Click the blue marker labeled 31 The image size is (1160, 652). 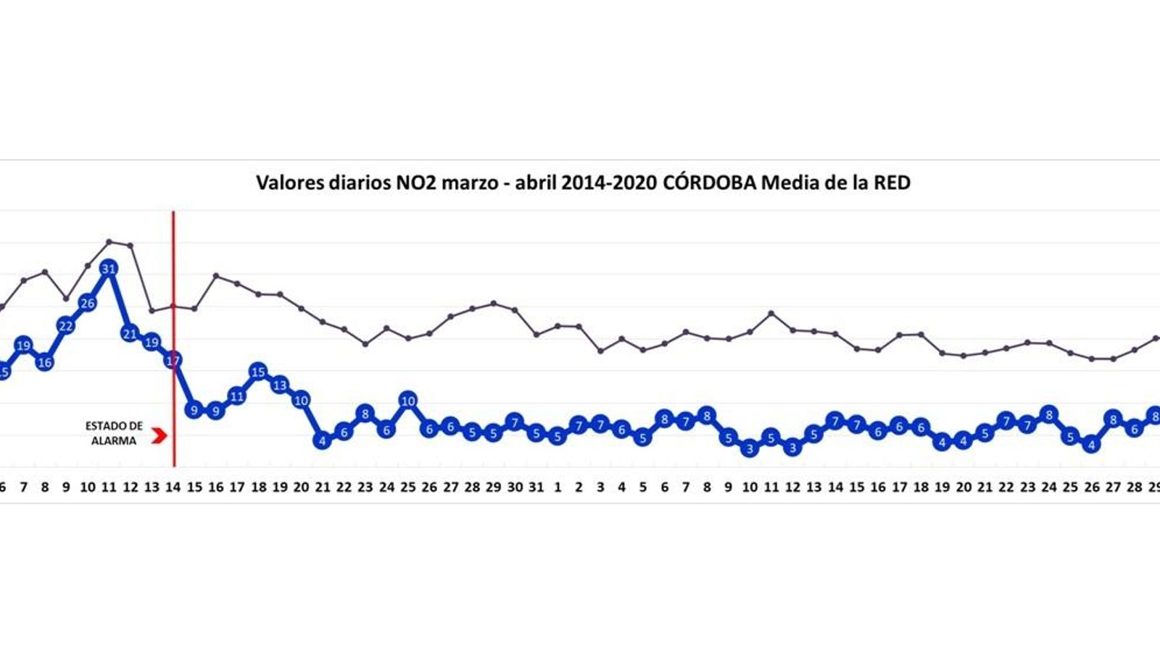click(109, 269)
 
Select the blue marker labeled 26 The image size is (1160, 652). click(88, 304)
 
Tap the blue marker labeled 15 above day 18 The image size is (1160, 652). click(259, 372)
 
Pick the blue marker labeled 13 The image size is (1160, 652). click(280, 385)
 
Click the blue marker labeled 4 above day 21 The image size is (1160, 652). click(323, 440)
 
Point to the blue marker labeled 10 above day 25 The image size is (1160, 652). click(408, 401)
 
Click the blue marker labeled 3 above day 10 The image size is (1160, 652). click(750, 449)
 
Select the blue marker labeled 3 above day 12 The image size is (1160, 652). click(792, 448)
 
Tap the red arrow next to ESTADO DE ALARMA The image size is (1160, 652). click(159, 435)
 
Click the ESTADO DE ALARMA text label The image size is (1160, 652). click(114, 433)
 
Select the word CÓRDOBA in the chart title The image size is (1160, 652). click(709, 183)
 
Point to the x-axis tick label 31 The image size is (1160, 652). click(536, 488)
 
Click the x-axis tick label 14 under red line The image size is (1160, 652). click(173, 488)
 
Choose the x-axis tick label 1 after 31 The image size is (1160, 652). click(558, 488)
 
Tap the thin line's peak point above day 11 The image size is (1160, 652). click(109, 241)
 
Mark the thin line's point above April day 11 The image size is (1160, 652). click(771, 314)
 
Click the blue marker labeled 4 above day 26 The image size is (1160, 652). click(1092, 446)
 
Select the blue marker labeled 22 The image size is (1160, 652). click(66, 326)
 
